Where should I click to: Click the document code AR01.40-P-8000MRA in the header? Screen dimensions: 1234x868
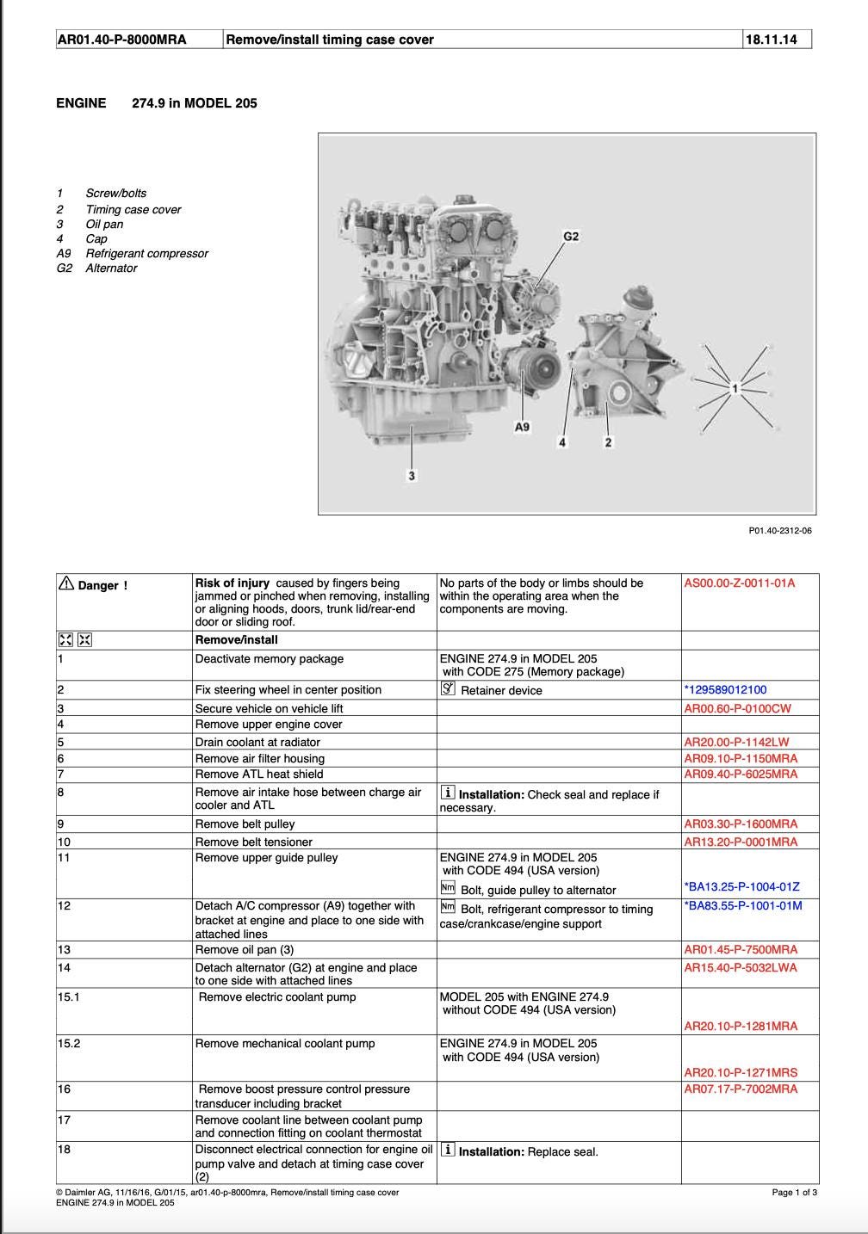pos(121,39)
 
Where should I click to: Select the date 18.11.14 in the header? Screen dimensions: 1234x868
pos(771,39)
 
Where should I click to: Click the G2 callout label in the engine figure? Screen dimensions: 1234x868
pos(571,236)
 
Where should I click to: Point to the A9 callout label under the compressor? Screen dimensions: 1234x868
pos(522,427)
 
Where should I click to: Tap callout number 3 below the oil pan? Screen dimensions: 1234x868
pos(412,476)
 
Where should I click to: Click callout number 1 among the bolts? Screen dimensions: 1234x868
pos(735,388)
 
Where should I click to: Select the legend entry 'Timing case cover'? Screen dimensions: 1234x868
pos(133,209)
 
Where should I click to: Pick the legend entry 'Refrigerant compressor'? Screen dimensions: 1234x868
pos(146,253)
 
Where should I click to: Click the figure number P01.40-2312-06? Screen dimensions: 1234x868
pos(779,530)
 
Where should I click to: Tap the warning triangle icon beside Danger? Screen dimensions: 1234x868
pos(66,583)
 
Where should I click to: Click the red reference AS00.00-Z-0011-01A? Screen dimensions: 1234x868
pos(739,583)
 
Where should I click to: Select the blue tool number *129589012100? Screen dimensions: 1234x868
pos(725,689)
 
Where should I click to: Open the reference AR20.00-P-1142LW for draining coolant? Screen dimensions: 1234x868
pos(736,742)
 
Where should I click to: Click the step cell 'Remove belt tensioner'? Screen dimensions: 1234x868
pos(253,842)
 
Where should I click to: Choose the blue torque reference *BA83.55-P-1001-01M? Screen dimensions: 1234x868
pos(742,905)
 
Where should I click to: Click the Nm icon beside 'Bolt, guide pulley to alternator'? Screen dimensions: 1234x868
pos(448,888)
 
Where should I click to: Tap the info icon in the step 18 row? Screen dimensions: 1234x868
pos(448,1150)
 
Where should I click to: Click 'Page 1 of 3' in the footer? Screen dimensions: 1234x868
pos(794,1192)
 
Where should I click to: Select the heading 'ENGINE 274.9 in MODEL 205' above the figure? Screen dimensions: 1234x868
pos(157,103)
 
